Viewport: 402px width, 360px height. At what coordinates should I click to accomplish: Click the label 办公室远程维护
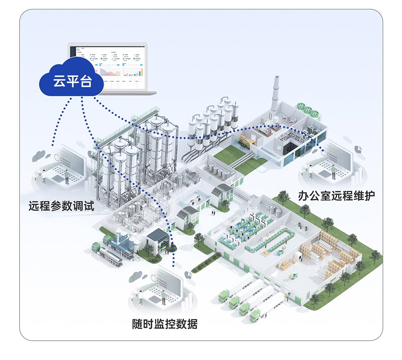336,195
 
